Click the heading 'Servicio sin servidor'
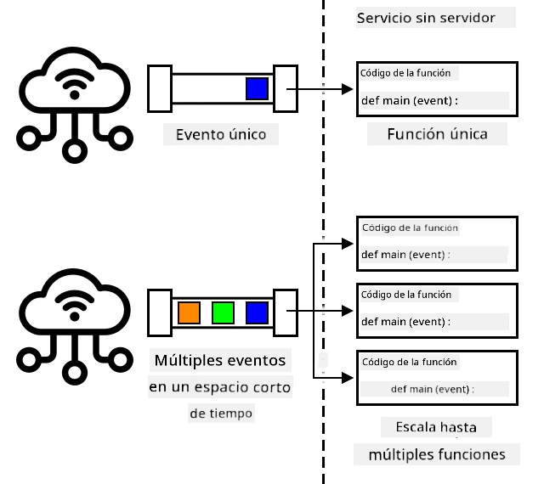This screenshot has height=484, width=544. [x=426, y=18]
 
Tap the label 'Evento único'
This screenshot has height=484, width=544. [x=221, y=134]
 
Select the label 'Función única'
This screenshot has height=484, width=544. [x=437, y=134]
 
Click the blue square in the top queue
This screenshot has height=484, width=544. [x=257, y=89]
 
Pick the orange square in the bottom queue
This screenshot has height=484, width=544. [x=189, y=312]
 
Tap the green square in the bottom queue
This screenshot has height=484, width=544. [x=223, y=312]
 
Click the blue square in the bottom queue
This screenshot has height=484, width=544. [x=257, y=312]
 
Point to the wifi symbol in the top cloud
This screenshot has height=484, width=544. [x=75, y=85]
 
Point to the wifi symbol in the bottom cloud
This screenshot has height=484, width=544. [x=75, y=307]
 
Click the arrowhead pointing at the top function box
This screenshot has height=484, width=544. [x=348, y=89]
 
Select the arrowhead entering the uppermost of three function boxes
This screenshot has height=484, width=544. [x=348, y=244]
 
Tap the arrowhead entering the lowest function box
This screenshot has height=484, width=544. [x=348, y=378]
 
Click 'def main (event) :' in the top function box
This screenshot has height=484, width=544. [x=410, y=100]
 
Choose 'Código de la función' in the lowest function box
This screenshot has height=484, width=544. [x=410, y=362]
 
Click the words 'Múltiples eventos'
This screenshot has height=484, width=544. [x=220, y=361]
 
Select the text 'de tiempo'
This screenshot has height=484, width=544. [x=221, y=414]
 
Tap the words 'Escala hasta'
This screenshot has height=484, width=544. [x=436, y=427]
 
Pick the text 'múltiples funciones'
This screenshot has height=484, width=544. [x=437, y=454]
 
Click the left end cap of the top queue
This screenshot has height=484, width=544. [x=160, y=89]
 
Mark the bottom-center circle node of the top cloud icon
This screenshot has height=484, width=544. [x=75, y=151]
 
